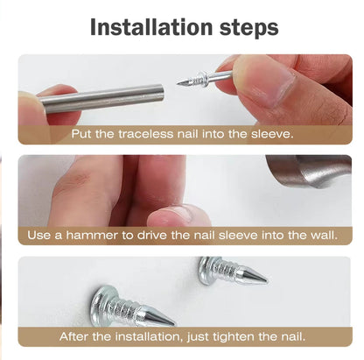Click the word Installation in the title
pos(151,27)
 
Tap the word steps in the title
pos(248,29)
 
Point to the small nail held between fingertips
pos(205,78)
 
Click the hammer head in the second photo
pos(310,171)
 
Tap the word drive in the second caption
pos(152,236)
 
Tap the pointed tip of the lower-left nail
pos(174,324)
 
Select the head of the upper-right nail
pos(206,270)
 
